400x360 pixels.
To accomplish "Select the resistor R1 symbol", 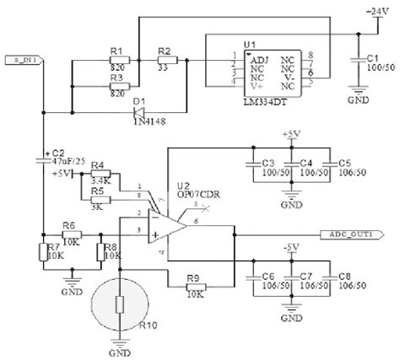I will coord(117,61).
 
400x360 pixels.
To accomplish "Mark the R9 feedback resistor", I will coord(195,289).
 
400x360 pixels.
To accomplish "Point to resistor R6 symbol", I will coord(71,231).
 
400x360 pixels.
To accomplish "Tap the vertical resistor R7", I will coord(43,252).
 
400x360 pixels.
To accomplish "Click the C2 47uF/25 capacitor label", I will coord(65,159).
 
